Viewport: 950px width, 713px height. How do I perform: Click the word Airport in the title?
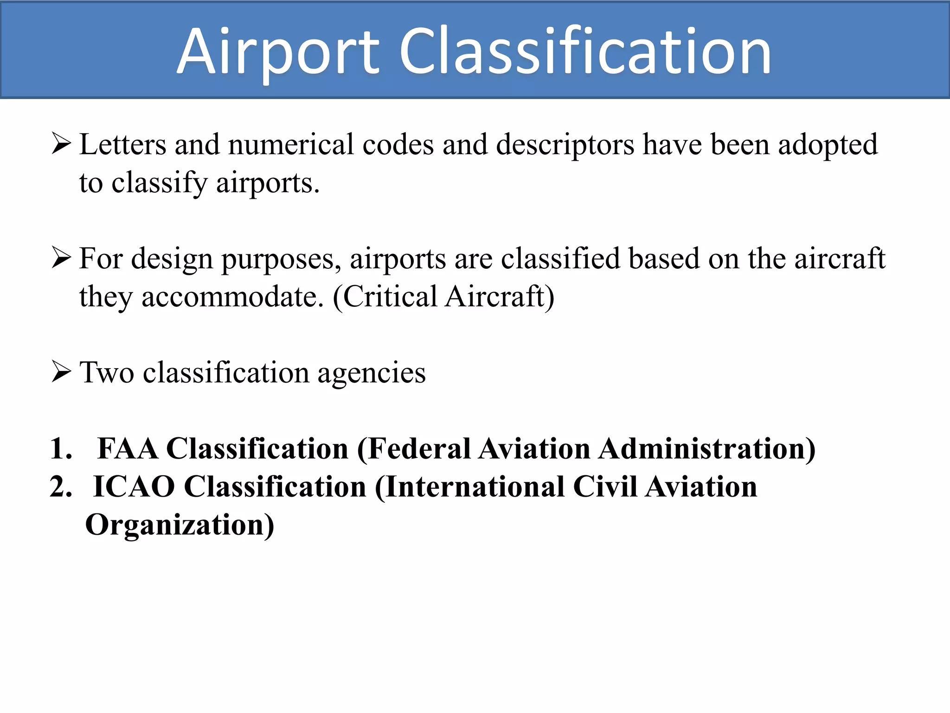278,52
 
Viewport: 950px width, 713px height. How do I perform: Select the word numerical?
291,144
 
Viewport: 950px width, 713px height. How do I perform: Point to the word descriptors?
565,145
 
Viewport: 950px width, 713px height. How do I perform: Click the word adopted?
828,145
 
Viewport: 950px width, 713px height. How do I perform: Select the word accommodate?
232,297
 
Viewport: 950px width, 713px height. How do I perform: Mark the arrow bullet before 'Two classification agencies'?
61,372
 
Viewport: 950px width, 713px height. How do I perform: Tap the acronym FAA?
128,449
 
